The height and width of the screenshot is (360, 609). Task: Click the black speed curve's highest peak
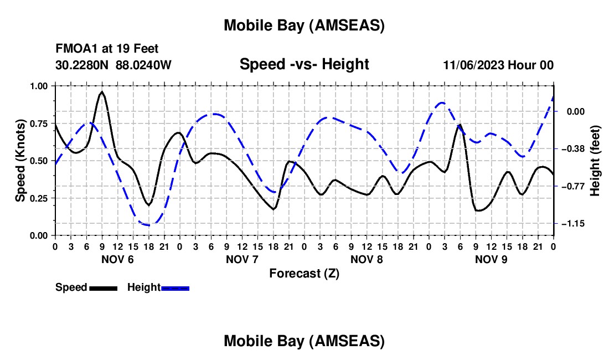coord(102,92)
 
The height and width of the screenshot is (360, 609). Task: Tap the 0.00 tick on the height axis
coord(572,111)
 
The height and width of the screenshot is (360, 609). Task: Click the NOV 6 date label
coord(117,259)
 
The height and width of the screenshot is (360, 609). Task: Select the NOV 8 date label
coord(367,259)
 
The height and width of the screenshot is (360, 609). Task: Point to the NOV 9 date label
coord(491,259)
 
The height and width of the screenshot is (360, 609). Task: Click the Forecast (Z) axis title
coord(304,273)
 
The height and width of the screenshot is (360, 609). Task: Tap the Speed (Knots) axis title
coord(20,161)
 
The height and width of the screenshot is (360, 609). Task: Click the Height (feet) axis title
coord(595,161)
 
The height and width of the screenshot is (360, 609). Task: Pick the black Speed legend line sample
coord(103,287)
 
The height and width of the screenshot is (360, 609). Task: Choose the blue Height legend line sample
coord(175,287)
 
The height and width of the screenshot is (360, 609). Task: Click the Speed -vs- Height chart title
coord(304,64)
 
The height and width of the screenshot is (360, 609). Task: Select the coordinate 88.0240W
coord(143,65)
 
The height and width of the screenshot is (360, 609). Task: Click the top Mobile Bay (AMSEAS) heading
coord(304,25)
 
